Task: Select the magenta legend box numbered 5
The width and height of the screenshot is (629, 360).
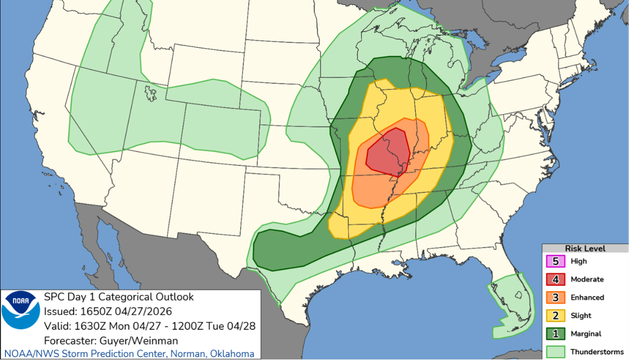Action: coord(557,261)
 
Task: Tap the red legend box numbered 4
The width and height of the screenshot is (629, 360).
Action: coord(557,279)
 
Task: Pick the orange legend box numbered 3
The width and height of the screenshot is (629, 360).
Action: coord(557,297)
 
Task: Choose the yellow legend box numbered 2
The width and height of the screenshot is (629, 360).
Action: coord(557,315)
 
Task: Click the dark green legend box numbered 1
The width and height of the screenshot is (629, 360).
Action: coord(557,334)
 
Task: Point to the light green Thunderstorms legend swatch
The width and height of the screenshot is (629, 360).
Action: coord(557,351)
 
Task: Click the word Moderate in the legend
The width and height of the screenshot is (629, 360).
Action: coord(587,280)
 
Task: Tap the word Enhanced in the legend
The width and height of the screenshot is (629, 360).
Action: coord(587,297)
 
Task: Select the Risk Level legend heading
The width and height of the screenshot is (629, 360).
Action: coord(585,249)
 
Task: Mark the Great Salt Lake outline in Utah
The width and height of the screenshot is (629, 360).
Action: coord(149,93)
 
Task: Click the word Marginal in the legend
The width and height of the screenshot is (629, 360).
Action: coord(587,334)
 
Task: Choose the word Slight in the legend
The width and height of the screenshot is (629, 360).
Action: coord(580,316)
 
